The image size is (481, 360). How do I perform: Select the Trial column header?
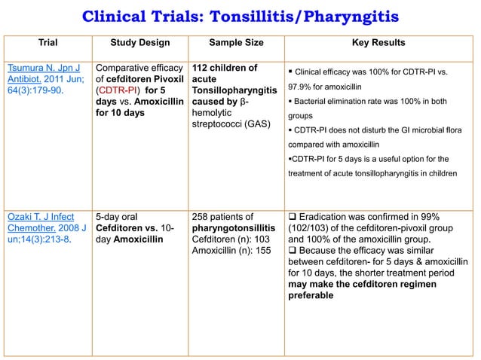(x=45, y=43)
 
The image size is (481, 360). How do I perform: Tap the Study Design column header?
(x=140, y=43)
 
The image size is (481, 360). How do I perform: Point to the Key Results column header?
(x=378, y=43)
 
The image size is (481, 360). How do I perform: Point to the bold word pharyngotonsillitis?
(x=234, y=230)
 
